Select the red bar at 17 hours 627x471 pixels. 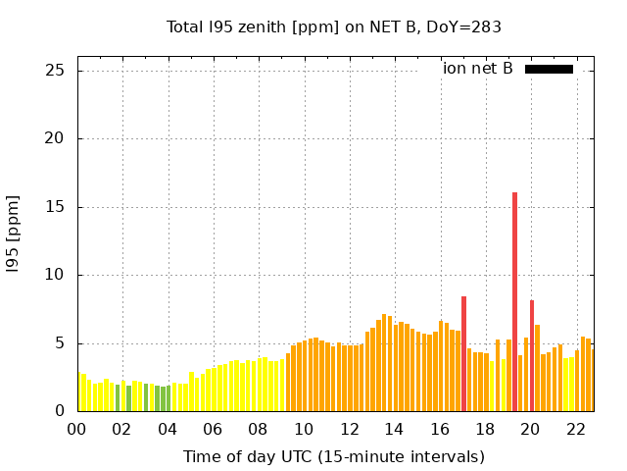[463, 353]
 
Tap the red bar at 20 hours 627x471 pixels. [532, 355]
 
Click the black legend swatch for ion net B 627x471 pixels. [549, 69]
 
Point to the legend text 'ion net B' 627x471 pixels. [478, 69]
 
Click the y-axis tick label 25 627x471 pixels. [55, 71]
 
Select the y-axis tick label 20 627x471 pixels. [55, 138]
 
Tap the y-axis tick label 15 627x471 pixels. [55, 207]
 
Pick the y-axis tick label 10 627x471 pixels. [55, 275]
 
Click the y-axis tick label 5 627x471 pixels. [60, 343]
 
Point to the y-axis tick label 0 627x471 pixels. [60, 411]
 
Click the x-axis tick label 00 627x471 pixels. [77, 429]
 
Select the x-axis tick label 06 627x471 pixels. [214, 429]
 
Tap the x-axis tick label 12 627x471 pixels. [350, 429]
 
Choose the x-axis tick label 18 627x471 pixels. [486, 429]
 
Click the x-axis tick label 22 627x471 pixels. [576, 429]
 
